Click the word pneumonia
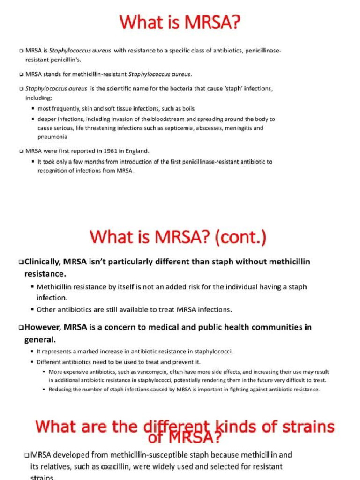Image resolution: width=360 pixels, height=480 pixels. (52, 137)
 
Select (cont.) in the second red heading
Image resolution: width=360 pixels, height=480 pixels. (240, 237)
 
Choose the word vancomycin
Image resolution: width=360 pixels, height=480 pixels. (125, 372)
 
